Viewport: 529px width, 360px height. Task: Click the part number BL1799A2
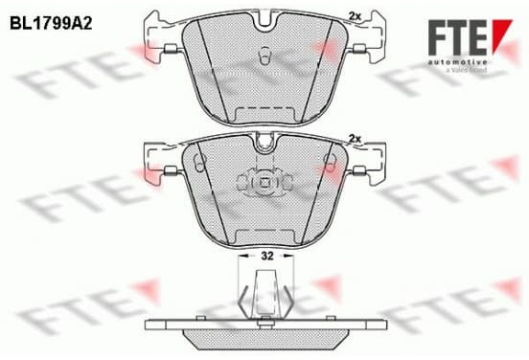click(51, 24)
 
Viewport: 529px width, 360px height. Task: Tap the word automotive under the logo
click(458, 62)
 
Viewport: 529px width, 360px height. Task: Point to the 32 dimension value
click(266, 257)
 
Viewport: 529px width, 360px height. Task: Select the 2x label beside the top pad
click(355, 16)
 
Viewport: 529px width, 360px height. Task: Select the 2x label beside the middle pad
click(355, 138)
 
